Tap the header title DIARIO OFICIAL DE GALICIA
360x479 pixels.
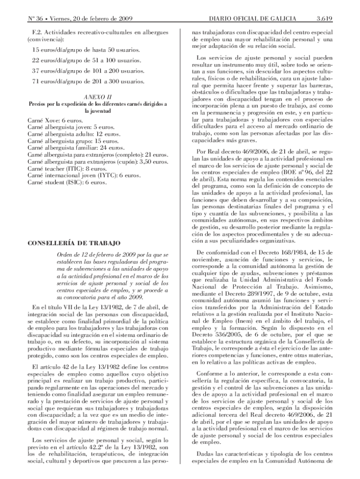click(x=252, y=19)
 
